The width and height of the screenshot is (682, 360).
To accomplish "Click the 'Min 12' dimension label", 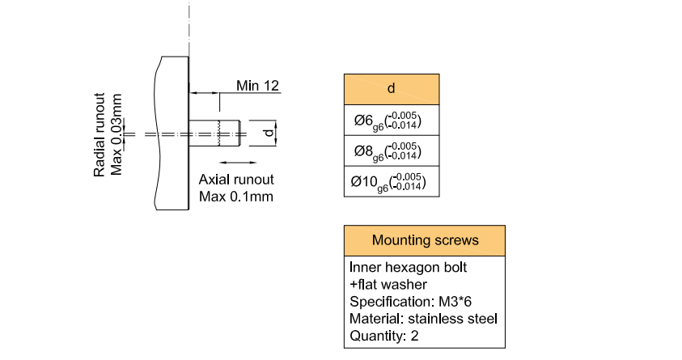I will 257,85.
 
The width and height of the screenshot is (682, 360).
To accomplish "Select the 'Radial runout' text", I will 100,134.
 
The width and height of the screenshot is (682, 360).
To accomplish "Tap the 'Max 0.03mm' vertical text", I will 117,134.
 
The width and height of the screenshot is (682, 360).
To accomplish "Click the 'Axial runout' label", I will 236,180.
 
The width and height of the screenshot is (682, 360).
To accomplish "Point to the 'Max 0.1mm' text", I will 235,197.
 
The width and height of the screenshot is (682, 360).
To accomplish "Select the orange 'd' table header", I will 392,89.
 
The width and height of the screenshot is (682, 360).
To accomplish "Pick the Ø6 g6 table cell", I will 392,121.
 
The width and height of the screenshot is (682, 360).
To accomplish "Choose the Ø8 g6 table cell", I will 392,150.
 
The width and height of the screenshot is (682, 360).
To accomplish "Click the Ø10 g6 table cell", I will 392,181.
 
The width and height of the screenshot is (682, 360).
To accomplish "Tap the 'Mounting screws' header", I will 425,240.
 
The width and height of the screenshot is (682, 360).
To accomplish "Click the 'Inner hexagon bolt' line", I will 408,266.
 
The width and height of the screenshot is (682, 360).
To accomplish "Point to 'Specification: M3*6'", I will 412,301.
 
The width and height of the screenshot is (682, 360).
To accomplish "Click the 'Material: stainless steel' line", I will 423,318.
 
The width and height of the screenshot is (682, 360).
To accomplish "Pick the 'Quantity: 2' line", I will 383,336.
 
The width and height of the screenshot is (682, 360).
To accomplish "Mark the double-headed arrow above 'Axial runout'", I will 233,163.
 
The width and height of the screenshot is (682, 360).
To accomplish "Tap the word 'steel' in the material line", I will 481,318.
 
